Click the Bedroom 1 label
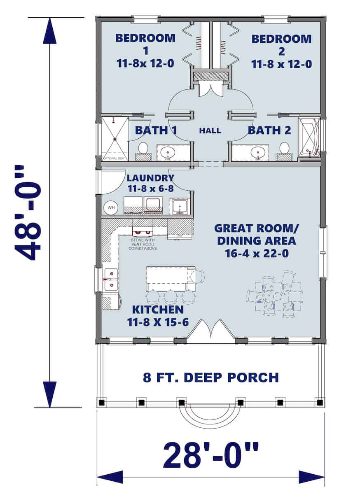pos(145,44)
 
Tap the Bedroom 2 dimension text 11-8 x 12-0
pos(281,64)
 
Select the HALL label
pos(210,130)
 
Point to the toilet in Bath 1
pos(143,149)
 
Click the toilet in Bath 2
pos(284,148)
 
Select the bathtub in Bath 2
pos(309,137)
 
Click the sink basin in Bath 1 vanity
pos(168,152)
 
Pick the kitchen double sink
pos(110,279)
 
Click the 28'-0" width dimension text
pos(210,455)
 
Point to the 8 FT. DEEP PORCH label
pos(210,377)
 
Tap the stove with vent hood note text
pos(143,244)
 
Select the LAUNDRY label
pos(150,178)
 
